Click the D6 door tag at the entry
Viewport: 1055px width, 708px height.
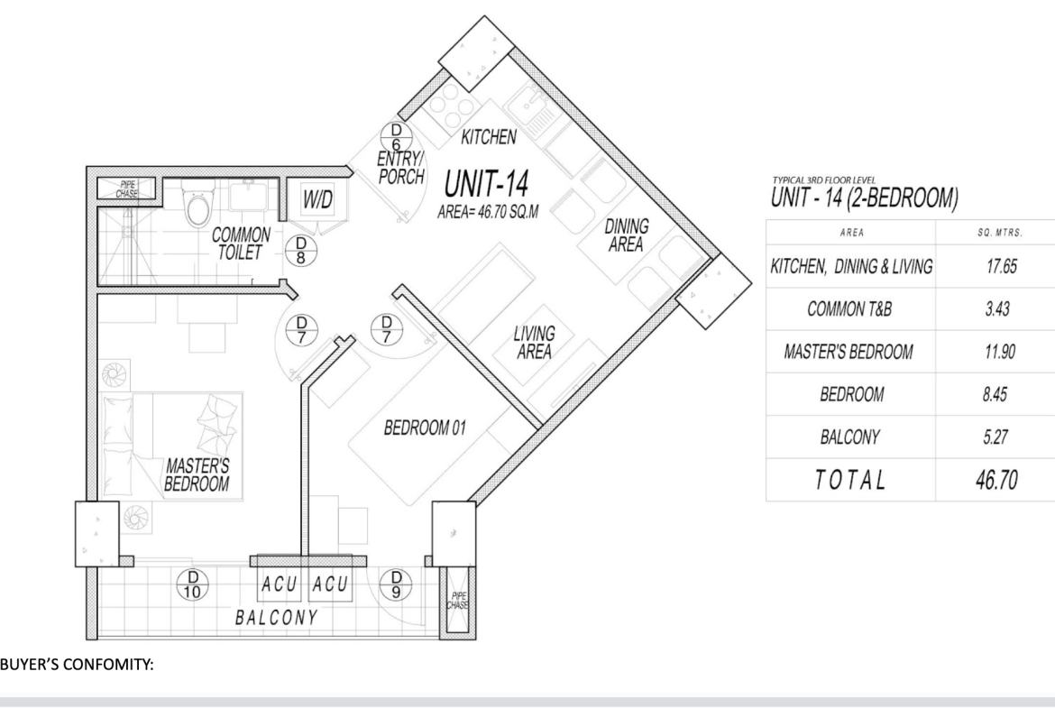[396, 136]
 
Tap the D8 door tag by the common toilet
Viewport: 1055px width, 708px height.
[301, 250]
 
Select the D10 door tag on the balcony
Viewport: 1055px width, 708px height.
[192, 584]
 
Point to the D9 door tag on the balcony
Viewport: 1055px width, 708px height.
[396, 584]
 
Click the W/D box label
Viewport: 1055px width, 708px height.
[317, 199]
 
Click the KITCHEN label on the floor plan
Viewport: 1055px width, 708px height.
[489, 137]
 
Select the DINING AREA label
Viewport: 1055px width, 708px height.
[627, 234]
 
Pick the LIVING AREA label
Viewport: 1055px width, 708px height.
[534, 342]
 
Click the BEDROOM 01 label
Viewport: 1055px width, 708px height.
[425, 428]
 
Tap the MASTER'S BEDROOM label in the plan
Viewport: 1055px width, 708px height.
[197, 474]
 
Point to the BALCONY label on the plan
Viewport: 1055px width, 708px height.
[276, 617]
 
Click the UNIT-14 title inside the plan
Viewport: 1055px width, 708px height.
[486, 184]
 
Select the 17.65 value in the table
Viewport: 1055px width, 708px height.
[1001, 266]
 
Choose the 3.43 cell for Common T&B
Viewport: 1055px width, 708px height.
[997, 309]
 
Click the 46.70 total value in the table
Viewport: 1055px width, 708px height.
[996, 480]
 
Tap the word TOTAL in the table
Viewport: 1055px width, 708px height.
[849, 480]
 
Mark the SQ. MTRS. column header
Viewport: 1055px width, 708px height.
[1000, 233]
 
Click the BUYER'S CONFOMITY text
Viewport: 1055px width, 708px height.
[78, 665]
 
